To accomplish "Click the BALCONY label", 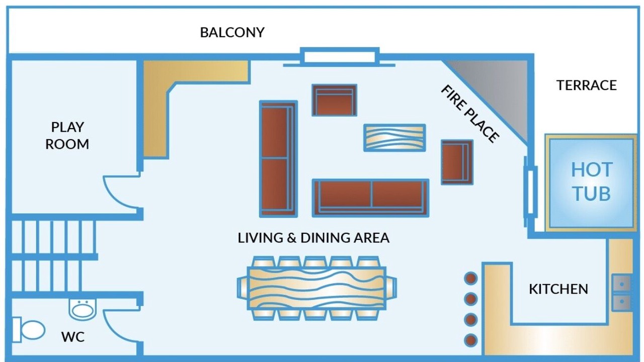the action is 232,33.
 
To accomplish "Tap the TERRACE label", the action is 587,85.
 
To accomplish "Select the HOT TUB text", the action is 591,182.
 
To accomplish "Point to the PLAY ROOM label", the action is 67,135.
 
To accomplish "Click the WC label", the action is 73,337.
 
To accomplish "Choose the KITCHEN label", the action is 558,289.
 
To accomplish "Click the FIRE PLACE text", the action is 470,114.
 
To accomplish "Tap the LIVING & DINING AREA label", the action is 313,238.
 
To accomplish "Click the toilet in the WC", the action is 29,330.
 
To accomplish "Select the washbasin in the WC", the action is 83,309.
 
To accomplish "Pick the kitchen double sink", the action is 622,293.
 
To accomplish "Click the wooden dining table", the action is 316,288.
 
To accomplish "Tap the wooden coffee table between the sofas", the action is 394,138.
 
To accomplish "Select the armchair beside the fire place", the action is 457,162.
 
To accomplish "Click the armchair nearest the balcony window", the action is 335,100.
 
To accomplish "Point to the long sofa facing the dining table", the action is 371,198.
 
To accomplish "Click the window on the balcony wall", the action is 340,57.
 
